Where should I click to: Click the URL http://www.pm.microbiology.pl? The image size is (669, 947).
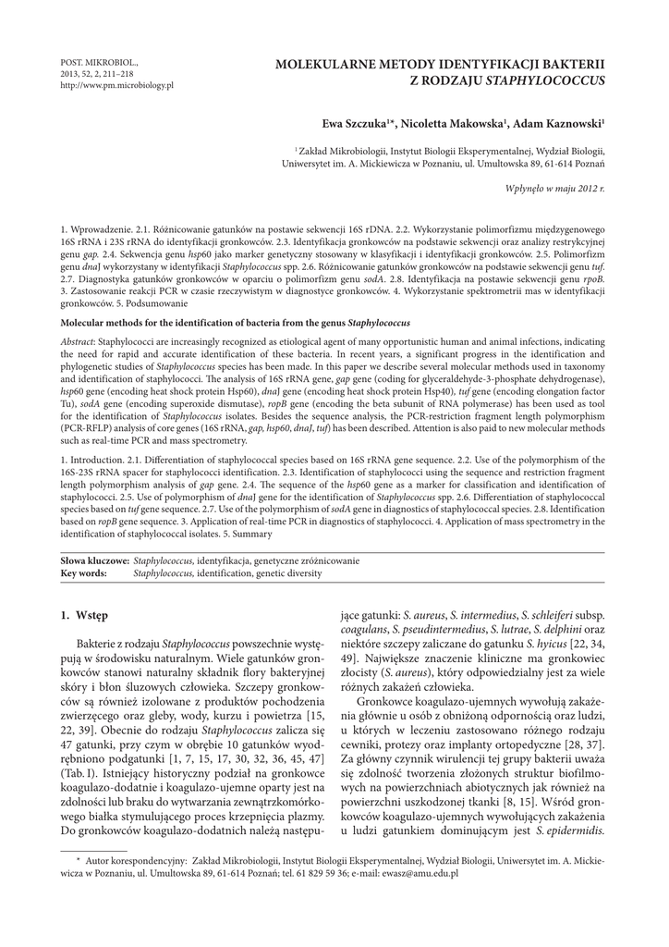(116, 85)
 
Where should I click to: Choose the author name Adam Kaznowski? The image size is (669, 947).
(559, 123)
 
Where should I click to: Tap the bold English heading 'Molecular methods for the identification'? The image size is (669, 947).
(176, 325)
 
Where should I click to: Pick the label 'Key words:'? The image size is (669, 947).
(83, 573)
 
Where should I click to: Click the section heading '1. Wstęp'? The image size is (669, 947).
(84, 615)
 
